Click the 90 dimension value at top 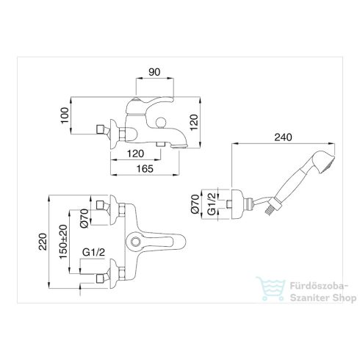[x=154, y=72]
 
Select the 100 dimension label [x=65, y=115]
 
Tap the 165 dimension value [x=145, y=169]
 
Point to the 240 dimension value [x=283, y=137]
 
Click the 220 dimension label [x=43, y=242]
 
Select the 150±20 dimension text [x=63, y=242]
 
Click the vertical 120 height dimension [x=194, y=123]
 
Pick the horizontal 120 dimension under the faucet [x=135, y=154]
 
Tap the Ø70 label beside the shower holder [x=195, y=204]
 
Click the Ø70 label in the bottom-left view [x=84, y=218]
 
